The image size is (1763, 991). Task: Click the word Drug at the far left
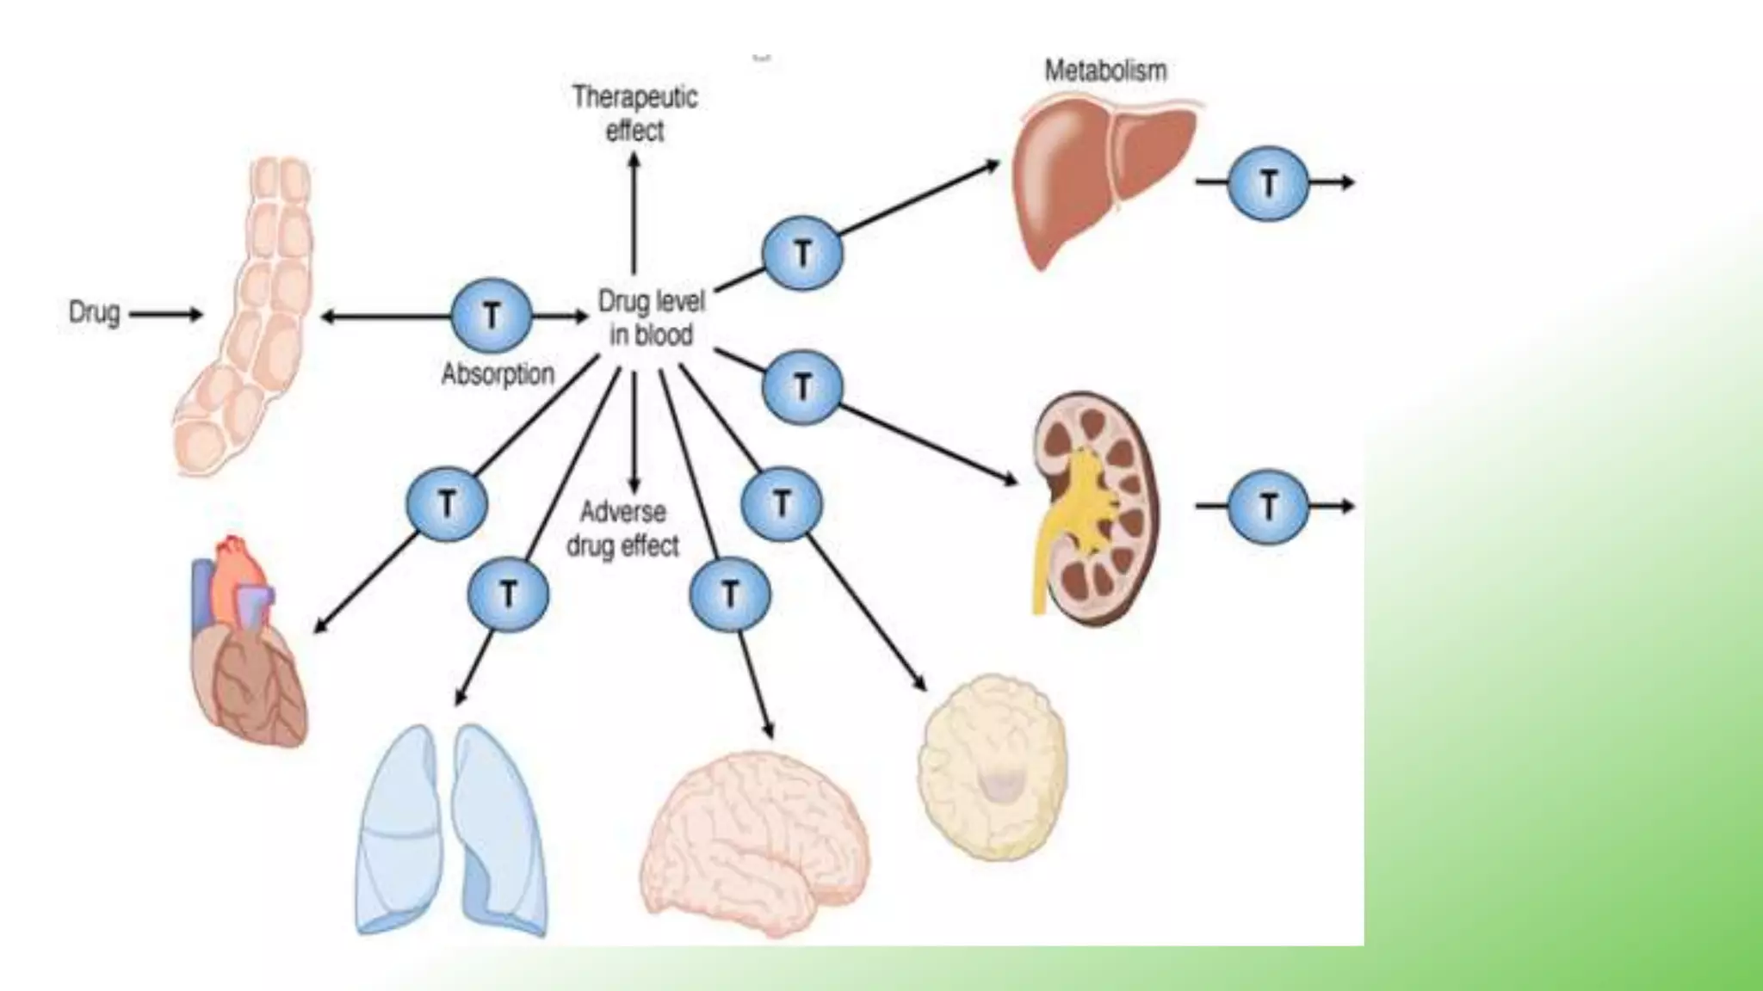click(x=94, y=312)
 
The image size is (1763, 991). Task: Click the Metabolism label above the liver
click(x=1105, y=71)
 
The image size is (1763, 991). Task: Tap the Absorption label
click(x=498, y=374)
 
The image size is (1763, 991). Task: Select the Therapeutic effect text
click(x=635, y=113)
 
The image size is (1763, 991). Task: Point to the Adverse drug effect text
click(x=622, y=528)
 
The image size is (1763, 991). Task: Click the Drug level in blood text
click(x=652, y=317)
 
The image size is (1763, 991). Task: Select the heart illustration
click(x=248, y=645)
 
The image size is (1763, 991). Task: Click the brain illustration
click(x=753, y=843)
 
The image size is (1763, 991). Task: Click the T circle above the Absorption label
click(x=491, y=316)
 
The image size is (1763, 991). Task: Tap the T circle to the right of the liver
click(x=1268, y=182)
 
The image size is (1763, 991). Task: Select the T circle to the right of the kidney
click(x=1268, y=507)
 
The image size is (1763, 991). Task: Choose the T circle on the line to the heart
click(x=447, y=504)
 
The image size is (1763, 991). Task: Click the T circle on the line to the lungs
click(x=508, y=594)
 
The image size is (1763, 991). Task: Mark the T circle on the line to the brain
click(x=730, y=594)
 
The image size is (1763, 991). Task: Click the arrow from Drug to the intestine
click(x=165, y=315)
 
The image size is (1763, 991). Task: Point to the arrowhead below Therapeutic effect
click(x=634, y=161)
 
